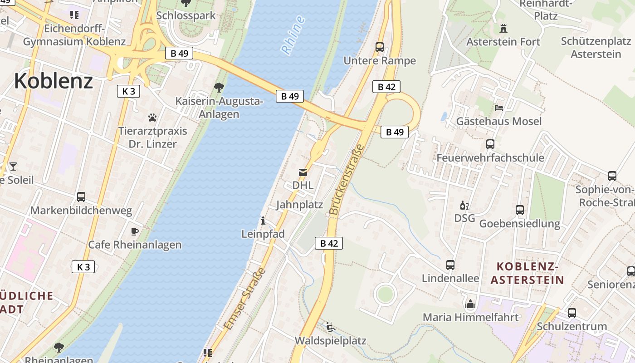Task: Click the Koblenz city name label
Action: [x=54, y=81]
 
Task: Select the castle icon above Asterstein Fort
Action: [x=503, y=28]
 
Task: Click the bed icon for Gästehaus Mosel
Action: [x=499, y=108]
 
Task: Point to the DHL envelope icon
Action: [x=303, y=172]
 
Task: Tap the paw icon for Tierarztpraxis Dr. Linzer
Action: [x=152, y=118]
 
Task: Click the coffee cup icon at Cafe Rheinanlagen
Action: [x=135, y=231]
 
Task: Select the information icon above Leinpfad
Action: [x=263, y=221]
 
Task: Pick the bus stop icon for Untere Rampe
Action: [x=380, y=47]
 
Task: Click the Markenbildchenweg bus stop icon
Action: [x=81, y=197]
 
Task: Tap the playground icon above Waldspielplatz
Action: [x=331, y=327]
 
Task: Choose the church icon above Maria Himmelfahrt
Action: [x=470, y=304]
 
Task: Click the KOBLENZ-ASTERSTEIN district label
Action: [x=527, y=273]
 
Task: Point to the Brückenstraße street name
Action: [x=347, y=180]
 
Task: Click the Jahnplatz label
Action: [x=299, y=205]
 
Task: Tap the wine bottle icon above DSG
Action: [x=464, y=206]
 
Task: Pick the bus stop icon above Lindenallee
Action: [x=450, y=265]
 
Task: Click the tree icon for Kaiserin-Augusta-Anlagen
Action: [x=219, y=87]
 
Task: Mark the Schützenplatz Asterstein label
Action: [x=596, y=47]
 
